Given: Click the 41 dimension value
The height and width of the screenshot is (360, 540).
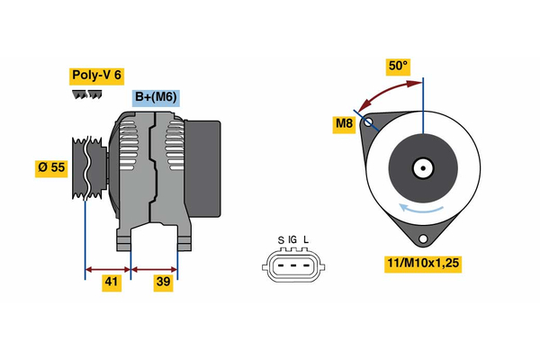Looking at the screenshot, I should [110, 283].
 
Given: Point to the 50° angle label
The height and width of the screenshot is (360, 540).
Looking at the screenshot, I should [398, 67].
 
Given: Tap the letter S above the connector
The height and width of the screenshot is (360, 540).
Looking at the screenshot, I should [281, 239].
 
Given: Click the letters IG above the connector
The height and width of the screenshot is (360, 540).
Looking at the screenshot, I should [292, 239].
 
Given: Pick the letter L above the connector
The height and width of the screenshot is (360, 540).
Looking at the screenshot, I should [306, 239].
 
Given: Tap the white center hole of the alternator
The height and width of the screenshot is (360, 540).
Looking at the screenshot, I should [421, 167].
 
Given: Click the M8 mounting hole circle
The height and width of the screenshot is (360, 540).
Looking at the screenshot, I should [368, 121].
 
